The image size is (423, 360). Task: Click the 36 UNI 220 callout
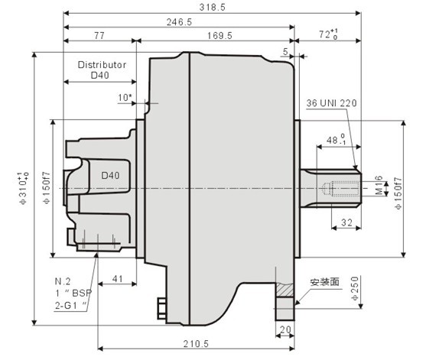(332, 102)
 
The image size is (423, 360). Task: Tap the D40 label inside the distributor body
(111, 175)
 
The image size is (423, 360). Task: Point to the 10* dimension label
(125, 97)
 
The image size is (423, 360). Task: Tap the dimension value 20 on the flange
(285, 330)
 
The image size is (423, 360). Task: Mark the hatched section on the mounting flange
(286, 292)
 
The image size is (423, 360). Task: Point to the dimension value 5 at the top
(285, 51)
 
